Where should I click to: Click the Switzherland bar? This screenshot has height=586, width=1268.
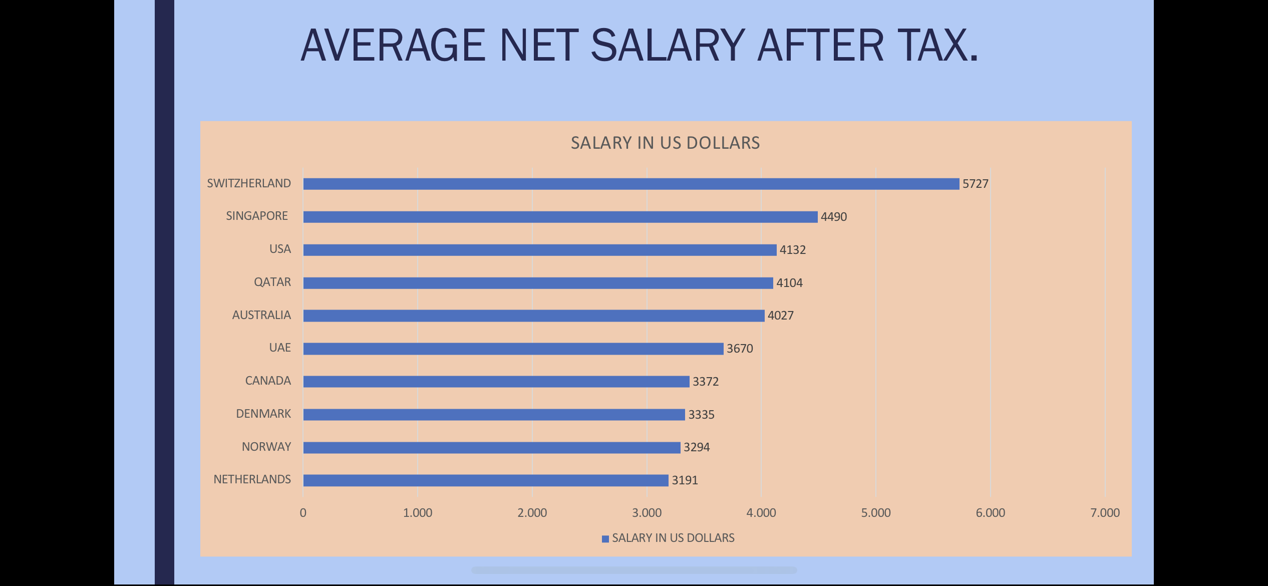point(631,184)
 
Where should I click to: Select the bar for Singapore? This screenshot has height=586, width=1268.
point(560,217)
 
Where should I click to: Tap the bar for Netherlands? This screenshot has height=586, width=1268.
point(486,480)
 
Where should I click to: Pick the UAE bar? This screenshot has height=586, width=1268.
point(513,349)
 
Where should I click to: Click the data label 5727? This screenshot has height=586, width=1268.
point(975,184)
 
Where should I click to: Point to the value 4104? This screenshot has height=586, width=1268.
point(789,283)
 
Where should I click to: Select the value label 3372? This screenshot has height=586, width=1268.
point(705,382)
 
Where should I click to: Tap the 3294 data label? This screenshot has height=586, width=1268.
point(697,447)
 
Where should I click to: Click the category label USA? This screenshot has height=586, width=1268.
point(280,249)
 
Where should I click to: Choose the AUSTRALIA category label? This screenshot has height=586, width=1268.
point(261,315)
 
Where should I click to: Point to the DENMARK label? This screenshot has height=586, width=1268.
point(263,414)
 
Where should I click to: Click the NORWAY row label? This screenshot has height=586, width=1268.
point(266,447)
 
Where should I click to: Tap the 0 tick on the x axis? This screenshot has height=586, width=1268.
point(303,513)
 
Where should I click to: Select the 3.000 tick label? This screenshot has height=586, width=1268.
point(647,513)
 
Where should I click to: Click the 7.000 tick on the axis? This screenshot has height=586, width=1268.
point(1105,513)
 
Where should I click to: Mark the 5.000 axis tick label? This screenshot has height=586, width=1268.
point(876,513)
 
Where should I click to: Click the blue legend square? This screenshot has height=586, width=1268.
point(605,539)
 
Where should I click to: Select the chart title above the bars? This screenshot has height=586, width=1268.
point(665,143)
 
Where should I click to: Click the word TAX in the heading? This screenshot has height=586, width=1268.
point(931,46)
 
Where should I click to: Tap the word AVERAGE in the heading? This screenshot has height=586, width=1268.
point(393,46)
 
